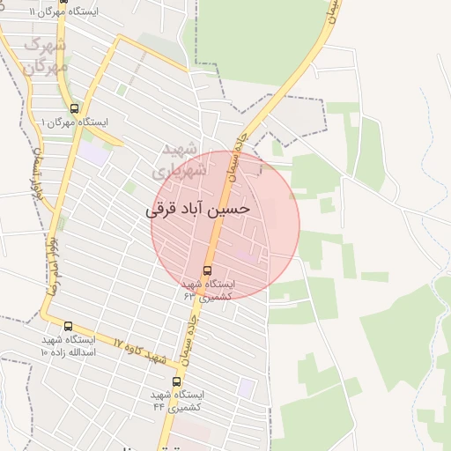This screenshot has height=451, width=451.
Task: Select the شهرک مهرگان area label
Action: coord(45,55)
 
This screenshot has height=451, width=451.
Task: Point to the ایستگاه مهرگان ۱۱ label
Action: coord(63,12)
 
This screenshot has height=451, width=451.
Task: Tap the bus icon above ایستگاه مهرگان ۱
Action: coord(74,107)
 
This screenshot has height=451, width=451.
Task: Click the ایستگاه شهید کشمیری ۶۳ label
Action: coord(208,290)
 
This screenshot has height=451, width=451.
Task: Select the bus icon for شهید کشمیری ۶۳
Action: coord(207,270)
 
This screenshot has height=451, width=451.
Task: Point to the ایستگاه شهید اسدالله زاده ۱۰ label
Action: coord(68,345)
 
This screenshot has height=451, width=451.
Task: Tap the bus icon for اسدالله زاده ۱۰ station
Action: coord(69,327)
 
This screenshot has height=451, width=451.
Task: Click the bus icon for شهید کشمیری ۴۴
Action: coord(177,381)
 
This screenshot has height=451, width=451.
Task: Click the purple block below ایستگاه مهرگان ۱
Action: coord(92,152)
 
